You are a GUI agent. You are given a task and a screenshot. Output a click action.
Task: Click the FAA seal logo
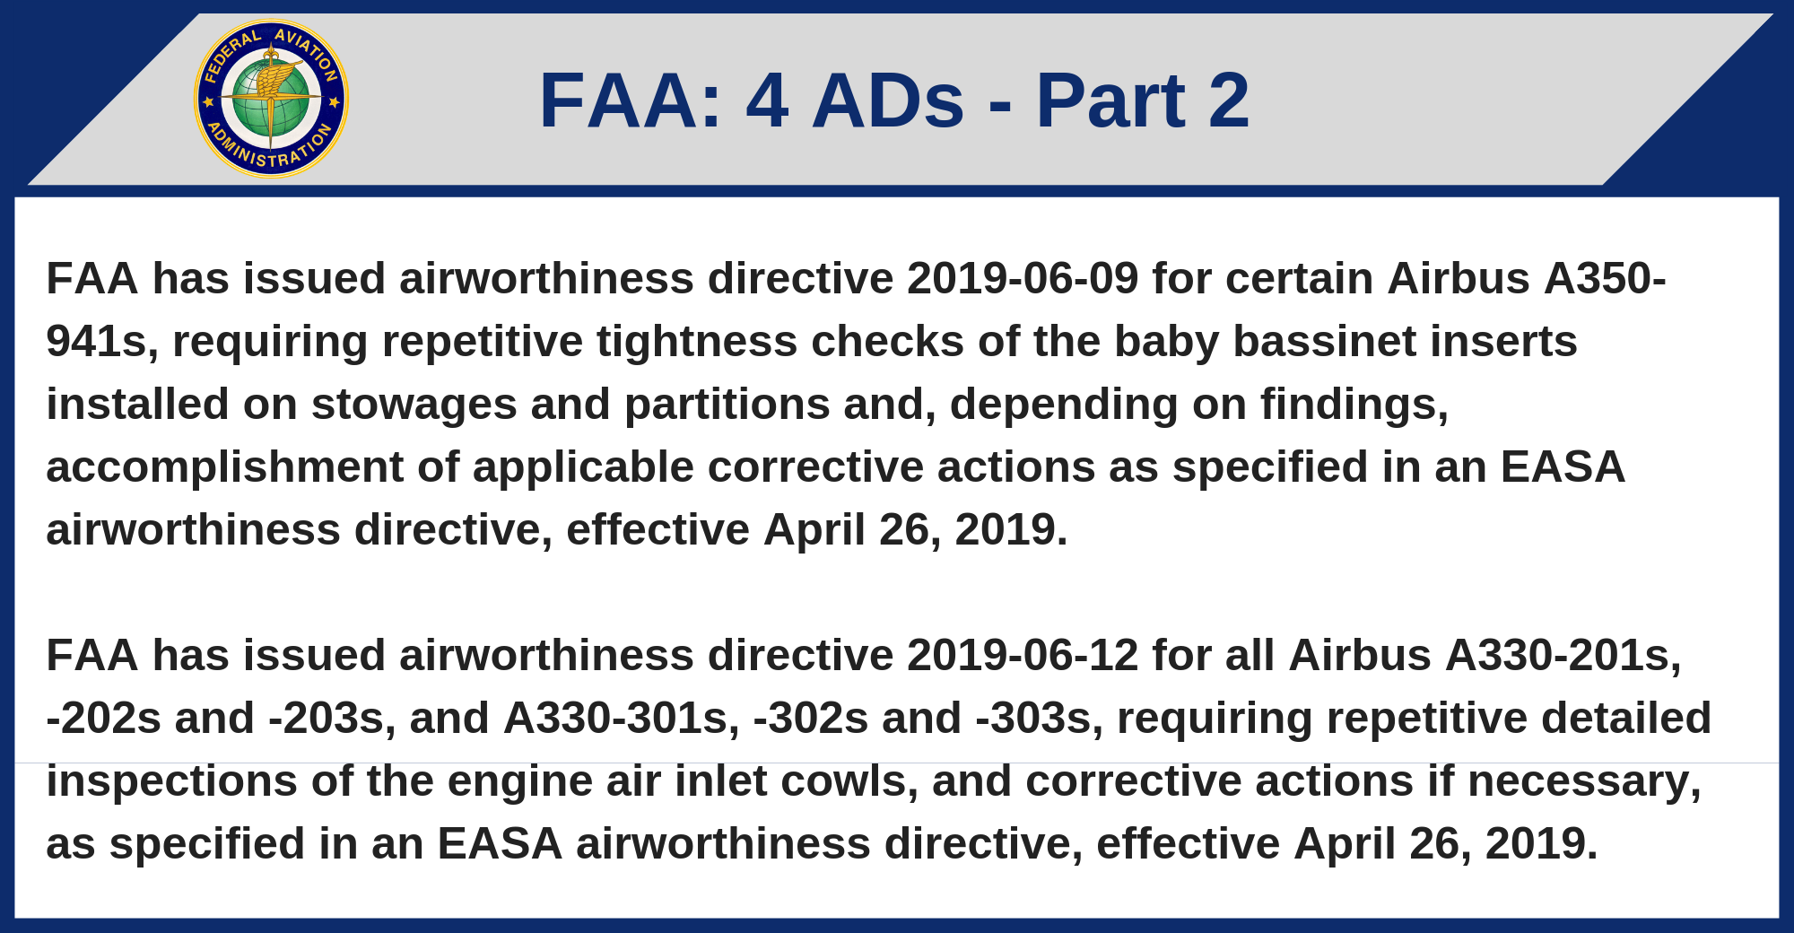271,99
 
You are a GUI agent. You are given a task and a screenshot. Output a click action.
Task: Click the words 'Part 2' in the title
1142,100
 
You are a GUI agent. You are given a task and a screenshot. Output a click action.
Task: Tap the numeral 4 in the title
767,100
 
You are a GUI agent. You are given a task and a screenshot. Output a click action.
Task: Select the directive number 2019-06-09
1023,278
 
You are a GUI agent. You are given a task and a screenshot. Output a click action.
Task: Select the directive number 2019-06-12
1023,655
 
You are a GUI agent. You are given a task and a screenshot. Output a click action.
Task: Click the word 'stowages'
414,405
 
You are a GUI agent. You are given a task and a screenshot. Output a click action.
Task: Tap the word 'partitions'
727,405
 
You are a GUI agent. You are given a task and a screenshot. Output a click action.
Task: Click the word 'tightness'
697,343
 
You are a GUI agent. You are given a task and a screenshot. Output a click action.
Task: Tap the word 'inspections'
171,782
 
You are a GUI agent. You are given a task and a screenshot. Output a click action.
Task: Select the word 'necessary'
1583,782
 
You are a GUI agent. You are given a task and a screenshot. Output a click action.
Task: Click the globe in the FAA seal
270,99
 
